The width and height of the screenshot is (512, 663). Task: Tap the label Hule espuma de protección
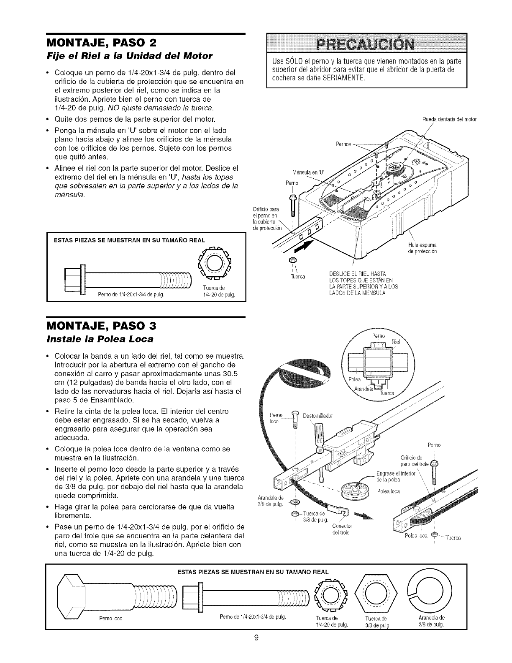424,248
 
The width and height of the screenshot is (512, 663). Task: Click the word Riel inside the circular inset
396,342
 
